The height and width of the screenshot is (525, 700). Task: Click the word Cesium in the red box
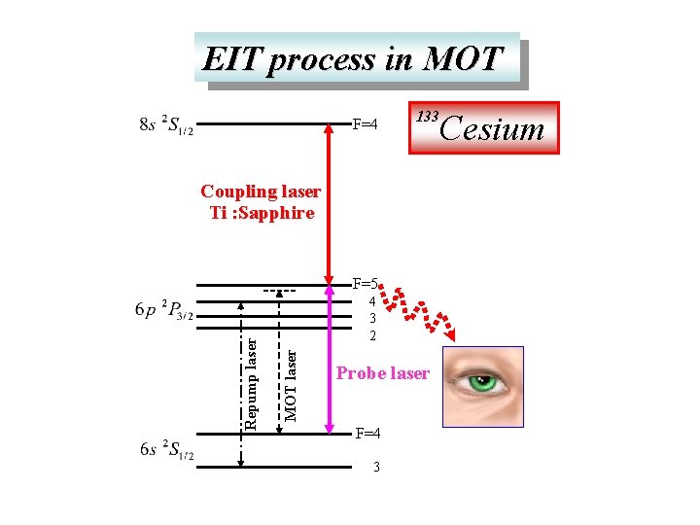493,127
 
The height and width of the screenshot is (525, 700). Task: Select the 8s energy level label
166,126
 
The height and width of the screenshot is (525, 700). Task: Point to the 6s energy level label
166,450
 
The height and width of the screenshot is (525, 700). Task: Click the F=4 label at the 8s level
365,124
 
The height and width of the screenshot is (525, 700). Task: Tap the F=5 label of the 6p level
365,284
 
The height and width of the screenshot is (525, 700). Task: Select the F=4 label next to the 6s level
367,432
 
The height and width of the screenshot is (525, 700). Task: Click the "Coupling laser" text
260,192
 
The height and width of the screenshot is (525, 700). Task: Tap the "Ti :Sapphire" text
262,213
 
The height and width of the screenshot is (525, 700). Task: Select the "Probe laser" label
382,373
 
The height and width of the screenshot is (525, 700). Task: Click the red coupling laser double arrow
329,204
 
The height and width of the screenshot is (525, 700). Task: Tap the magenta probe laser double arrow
329,360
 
